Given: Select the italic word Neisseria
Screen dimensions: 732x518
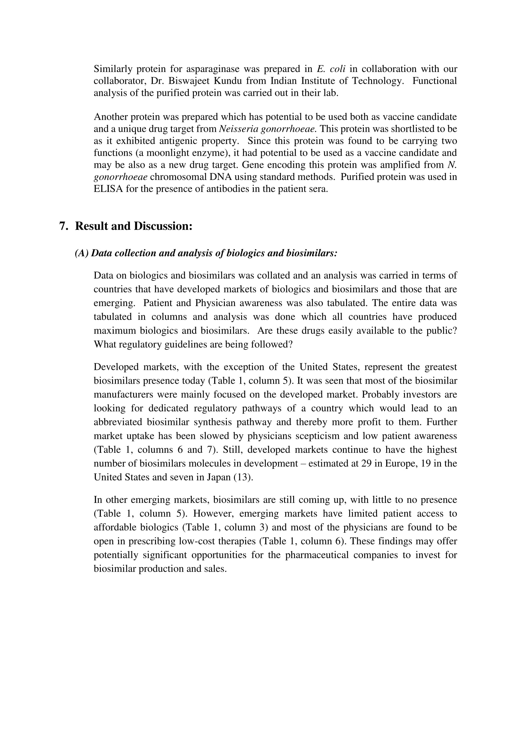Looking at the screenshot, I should point(238,129).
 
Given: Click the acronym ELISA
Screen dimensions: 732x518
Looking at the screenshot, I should point(108,189).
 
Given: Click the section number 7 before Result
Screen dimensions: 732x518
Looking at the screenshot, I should point(63,226).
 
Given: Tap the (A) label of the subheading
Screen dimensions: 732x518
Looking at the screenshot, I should point(82,253).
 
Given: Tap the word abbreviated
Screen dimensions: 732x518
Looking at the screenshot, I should point(118,422).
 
